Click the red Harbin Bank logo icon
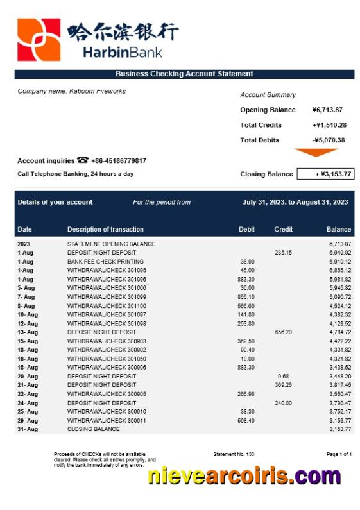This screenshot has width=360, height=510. [39, 40]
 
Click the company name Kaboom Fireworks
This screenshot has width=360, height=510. [71, 91]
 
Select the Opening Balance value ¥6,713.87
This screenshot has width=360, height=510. [327, 110]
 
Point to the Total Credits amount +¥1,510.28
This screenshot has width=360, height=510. [329, 125]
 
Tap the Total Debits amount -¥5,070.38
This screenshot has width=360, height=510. [329, 140]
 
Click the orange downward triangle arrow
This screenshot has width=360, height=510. [316, 153]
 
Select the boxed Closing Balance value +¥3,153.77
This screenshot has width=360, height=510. [326, 174]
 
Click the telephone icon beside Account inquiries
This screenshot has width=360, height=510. [83, 160]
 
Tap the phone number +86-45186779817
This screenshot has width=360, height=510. [119, 161]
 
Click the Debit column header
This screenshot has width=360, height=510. [246, 229]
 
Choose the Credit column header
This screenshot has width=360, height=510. [283, 229]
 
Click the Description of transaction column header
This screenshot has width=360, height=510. [105, 229]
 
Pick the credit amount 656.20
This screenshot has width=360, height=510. [283, 332]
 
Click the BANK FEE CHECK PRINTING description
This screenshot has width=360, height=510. [105, 262]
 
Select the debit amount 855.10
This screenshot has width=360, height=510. [246, 297]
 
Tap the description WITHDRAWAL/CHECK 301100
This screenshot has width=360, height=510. [107, 306]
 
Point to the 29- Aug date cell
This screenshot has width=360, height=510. [28, 420]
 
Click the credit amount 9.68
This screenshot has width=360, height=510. [283, 377]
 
